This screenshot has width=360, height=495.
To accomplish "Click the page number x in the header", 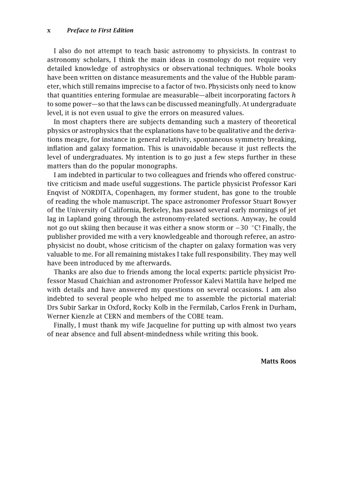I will [49, 30].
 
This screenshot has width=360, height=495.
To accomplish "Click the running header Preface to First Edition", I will [100, 30].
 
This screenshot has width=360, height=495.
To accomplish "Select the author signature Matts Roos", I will [278, 361].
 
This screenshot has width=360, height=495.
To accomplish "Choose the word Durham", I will [284, 308].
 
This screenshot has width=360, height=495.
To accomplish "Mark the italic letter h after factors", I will [293, 95].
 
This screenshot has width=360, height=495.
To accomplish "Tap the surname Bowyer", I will [285, 201].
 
